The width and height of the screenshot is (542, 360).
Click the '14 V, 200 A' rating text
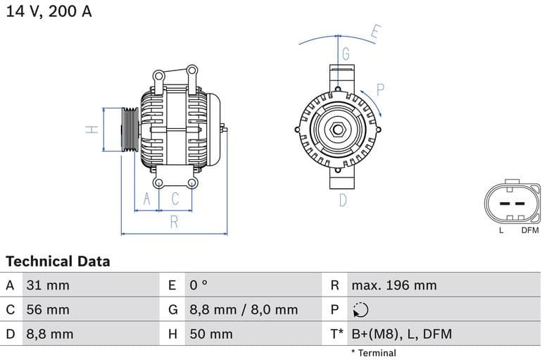(x=49, y=11)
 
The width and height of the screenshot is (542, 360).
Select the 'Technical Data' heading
(x=58, y=261)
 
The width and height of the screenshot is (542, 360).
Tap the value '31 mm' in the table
(x=47, y=285)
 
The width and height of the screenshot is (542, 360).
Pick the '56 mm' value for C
(x=47, y=309)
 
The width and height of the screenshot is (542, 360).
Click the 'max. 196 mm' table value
(x=393, y=285)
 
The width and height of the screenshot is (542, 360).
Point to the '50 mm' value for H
(x=210, y=334)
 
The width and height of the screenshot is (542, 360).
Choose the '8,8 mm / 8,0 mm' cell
(x=243, y=309)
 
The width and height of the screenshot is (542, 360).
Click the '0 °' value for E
(x=198, y=285)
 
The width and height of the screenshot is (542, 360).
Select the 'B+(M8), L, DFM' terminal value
(x=401, y=334)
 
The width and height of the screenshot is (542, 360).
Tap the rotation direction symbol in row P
(x=360, y=310)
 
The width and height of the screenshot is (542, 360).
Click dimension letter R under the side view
(x=174, y=223)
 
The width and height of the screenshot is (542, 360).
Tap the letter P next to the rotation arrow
(x=380, y=89)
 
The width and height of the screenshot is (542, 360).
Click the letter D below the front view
(x=343, y=200)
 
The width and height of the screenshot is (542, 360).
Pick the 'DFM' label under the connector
(x=529, y=230)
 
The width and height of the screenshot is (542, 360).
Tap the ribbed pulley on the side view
(x=130, y=129)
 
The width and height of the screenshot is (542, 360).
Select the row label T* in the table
(x=336, y=334)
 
